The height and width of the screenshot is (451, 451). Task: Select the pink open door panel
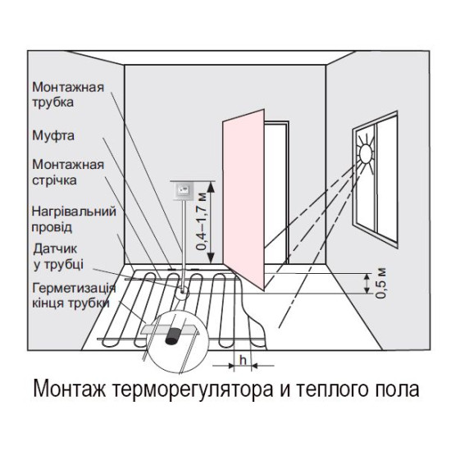pos(244,199)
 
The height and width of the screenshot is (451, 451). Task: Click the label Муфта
pos(53,136)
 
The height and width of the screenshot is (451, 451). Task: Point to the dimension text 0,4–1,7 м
pos(202,221)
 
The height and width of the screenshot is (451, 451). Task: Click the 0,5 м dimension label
pos(380,284)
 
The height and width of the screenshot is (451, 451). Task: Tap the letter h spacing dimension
pos(244,360)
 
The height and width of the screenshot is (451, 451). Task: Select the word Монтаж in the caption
pos(70,389)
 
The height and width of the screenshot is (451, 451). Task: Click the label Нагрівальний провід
pos(74,220)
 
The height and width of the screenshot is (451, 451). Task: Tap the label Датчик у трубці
pos(58,257)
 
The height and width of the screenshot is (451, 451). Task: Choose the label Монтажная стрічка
pos(68,172)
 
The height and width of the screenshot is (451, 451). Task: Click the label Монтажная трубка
pos(68,94)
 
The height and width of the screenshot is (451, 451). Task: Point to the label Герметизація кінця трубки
pos(74,295)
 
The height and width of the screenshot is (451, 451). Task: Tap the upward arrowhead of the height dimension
pos(211,187)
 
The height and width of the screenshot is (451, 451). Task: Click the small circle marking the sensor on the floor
pos(182,292)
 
